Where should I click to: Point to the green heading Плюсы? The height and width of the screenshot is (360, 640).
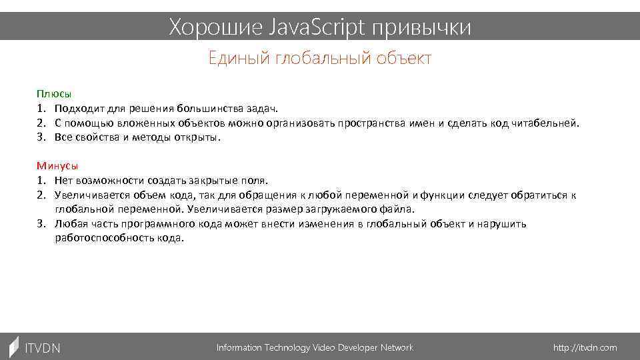pyautogui.click(x=54, y=94)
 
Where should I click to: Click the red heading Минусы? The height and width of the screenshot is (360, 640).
pyautogui.click(x=57, y=166)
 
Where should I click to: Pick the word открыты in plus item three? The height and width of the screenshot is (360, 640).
pyautogui.click(x=197, y=137)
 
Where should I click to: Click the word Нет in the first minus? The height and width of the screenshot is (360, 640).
pyautogui.click(x=65, y=181)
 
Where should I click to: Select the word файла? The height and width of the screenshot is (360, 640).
pyautogui.click(x=398, y=209)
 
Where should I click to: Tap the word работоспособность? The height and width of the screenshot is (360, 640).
pyautogui.click(x=105, y=238)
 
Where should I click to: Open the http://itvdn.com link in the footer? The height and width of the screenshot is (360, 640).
pyautogui.click(x=585, y=348)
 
